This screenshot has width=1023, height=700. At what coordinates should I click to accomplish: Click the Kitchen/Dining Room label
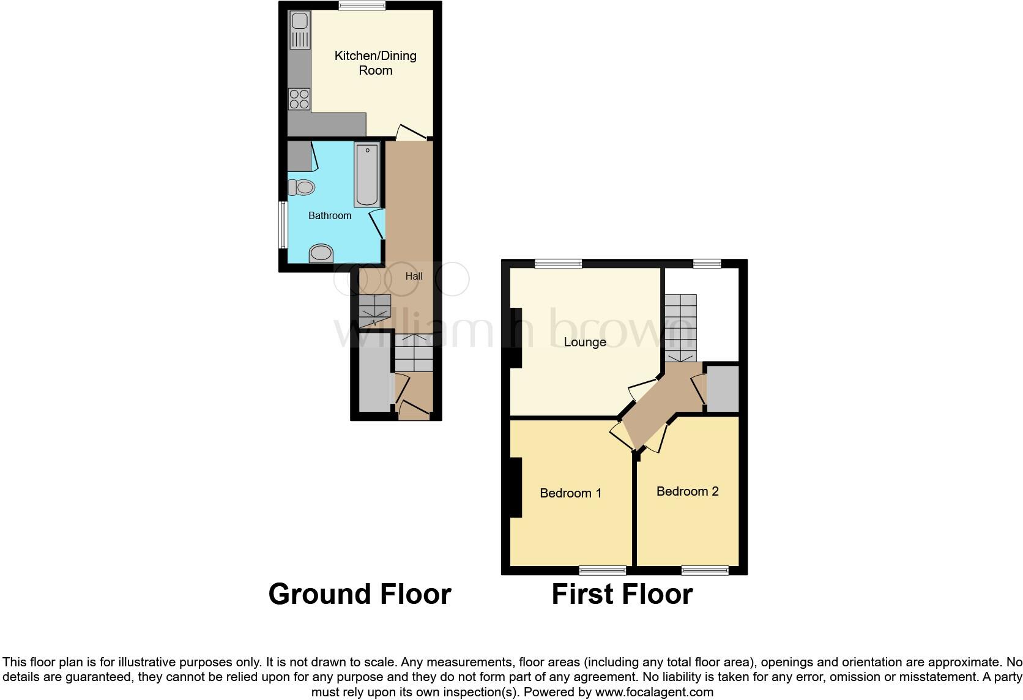coord(375,63)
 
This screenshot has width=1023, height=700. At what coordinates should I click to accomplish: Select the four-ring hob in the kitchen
coord(299,99)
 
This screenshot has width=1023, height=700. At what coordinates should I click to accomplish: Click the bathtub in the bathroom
coord(366,174)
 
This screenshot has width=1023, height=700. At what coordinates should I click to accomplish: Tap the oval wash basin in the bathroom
coord(321,253)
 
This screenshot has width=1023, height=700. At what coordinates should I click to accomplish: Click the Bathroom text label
coord(330,215)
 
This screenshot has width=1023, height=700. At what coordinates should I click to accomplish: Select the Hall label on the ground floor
coord(414,276)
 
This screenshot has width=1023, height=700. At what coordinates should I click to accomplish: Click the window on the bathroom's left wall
coord(283,225)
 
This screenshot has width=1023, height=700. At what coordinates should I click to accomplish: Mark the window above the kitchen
coord(362,6)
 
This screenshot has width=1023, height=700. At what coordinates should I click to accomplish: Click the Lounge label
coord(584,342)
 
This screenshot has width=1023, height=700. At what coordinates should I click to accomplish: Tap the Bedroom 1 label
coord(570,493)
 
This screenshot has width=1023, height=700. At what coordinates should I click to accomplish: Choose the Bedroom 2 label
coord(687,491)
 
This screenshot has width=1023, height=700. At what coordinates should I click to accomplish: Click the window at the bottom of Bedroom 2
coord(705,571)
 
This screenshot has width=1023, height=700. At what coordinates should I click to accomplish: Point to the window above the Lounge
coord(558,264)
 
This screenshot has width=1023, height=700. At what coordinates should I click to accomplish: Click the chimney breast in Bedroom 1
coord(516,488)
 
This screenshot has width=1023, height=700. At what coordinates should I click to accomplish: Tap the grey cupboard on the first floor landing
coord(723,389)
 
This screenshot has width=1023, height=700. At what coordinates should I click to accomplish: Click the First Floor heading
coord(622,594)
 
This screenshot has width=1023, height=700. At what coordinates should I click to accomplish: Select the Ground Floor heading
coord(360,594)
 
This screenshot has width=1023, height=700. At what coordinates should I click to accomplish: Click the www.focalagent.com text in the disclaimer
coord(653,693)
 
